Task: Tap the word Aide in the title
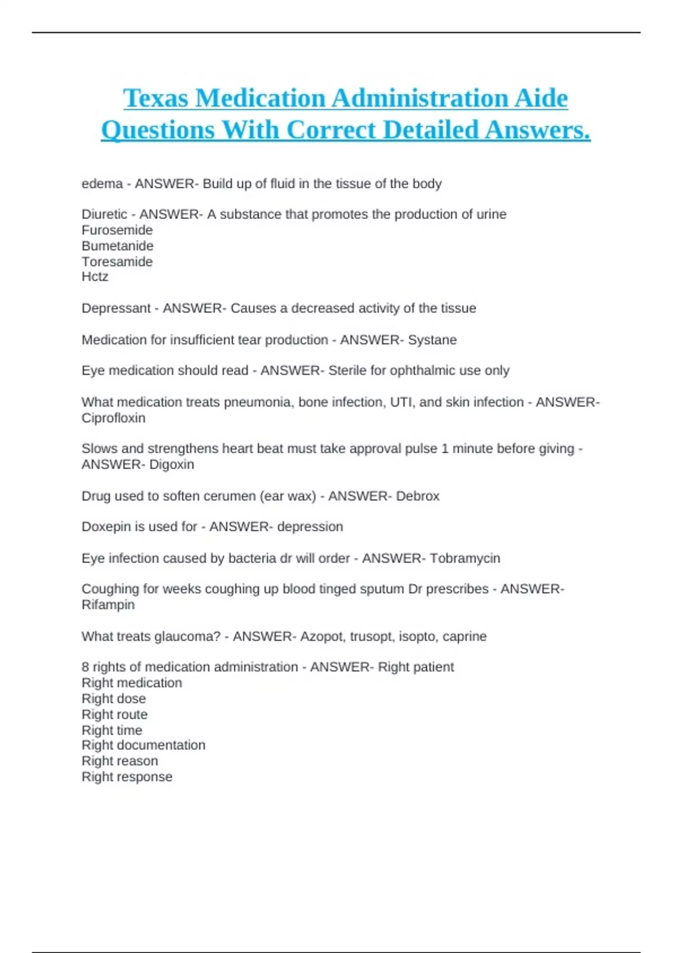[541, 99]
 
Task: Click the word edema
[102, 184]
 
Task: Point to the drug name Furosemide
[117, 230]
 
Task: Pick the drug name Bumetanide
[117, 246]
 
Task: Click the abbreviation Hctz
[95, 277]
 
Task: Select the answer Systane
[432, 340]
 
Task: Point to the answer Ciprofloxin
[113, 418]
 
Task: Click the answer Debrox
[417, 496]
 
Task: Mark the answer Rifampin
[108, 605]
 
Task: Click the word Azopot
[322, 637]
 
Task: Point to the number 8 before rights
[85, 667]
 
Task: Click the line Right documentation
[143, 745]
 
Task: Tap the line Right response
[127, 777]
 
